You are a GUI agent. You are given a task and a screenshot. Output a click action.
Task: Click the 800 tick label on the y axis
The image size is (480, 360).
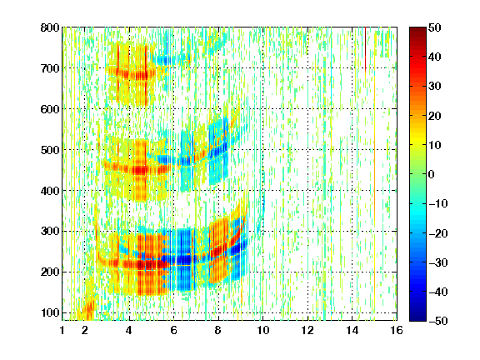(x=50, y=27)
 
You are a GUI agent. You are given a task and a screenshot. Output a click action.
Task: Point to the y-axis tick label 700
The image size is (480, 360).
(x=50, y=68)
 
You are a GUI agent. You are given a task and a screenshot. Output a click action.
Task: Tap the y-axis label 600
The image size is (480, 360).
(x=50, y=109)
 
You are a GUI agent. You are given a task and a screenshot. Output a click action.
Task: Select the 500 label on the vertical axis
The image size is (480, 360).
(x=50, y=150)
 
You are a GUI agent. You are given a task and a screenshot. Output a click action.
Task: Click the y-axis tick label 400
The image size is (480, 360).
(x=50, y=191)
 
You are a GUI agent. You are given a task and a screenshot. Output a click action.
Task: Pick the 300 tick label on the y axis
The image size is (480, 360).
(x=50, y=232)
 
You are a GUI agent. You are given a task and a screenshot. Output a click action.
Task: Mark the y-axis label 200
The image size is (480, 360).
(x=50, y=272)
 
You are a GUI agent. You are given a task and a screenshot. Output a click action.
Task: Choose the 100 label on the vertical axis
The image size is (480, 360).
(x=50, y=312)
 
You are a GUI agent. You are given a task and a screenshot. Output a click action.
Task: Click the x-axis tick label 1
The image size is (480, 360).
(x=62, y=330)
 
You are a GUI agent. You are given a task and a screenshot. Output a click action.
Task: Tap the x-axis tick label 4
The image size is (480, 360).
(x=129, y=330)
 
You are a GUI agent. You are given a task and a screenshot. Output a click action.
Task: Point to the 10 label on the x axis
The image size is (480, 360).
(x=263, y=330)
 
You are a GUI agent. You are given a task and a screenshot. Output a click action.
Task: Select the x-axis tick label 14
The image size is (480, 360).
(x=352, y=330)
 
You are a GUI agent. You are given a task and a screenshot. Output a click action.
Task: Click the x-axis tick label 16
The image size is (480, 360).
(x=397, y=330)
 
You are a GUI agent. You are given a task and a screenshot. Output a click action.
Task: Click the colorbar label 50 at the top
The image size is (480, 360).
(x=435, y=27)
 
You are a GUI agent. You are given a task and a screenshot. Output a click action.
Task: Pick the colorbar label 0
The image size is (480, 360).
(x=432, y=174)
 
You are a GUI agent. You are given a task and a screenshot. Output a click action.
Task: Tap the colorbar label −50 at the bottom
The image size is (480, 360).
(x=438, y=321)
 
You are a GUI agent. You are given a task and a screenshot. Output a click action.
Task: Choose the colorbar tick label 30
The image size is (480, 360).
(x=435, y=87)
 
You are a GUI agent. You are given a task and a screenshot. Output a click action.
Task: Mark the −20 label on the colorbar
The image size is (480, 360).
(x=438, y=233)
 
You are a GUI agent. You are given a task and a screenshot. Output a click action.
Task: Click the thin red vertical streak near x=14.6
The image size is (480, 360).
(x=365, y=48)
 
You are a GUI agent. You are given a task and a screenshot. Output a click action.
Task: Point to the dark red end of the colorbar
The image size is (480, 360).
(x=417, y=31)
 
